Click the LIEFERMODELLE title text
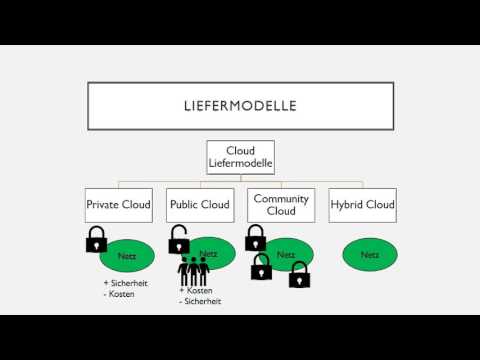(240, 106)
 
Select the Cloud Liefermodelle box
(240, 157)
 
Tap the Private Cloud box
(119, 205)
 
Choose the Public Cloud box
(200, 205)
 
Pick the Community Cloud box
(281, 205)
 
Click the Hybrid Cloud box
(363, 205)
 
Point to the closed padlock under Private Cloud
(97, 239)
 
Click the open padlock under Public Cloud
(179, 239)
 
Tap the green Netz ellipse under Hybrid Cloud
(370, 255)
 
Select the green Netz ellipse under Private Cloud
(127, 256)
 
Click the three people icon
(193, 272)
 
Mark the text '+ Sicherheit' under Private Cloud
(126, 283)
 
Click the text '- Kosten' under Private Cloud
(119, 294)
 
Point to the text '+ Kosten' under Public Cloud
(196, 290)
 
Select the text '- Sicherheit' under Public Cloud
(200, 301)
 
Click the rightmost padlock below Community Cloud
(299, 275)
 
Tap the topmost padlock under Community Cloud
(256, 238)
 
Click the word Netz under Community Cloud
(286, 255)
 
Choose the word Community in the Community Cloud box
(281, 199)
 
